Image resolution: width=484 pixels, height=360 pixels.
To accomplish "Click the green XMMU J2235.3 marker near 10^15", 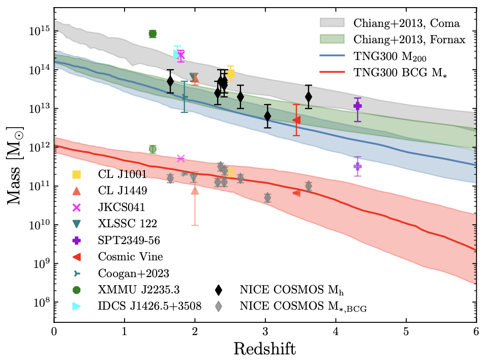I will [153, 34].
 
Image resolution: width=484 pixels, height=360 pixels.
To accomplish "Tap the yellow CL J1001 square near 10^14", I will [231, 74].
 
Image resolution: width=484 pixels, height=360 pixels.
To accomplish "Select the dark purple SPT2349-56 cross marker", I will [357, 106].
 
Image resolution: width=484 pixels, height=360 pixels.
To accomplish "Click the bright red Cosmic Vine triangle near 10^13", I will [297, 120].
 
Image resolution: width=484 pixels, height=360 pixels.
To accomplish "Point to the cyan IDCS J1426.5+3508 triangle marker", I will [176, 53].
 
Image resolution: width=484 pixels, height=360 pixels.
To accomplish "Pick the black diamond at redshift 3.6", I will [308, 97].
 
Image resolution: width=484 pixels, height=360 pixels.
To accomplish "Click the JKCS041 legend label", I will [122, 207].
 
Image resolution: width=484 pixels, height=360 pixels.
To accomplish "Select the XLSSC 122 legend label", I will [127, 224].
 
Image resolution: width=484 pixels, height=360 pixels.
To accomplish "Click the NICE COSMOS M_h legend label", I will [285, 290].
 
